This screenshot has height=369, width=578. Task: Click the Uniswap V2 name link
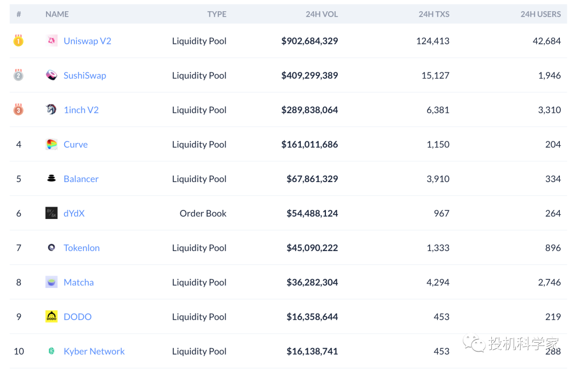(87, 41)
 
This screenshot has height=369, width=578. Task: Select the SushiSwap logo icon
(51, 75)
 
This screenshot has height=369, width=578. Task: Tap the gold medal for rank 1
(18, 41)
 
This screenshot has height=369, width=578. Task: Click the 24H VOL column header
(322, 14)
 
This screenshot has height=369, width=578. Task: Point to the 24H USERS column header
(541, 14)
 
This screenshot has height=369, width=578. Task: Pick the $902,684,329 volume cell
(309, 41)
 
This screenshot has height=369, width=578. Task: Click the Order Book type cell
(203, 214)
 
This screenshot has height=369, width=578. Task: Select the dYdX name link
(74, 214)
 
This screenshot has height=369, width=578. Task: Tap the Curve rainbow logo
(51, 144)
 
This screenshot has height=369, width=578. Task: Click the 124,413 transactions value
(432, 41)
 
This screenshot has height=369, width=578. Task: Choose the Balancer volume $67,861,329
(312, 179)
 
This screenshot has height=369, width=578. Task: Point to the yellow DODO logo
(51, 317)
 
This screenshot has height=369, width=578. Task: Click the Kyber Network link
(94, 351)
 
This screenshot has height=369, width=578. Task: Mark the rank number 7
(19, 248)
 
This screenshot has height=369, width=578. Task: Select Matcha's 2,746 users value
(549, 282)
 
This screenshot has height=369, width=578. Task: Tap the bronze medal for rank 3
(18, 110)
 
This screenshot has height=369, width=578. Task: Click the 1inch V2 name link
(81, 110)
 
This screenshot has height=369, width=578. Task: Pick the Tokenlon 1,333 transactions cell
(438, 248)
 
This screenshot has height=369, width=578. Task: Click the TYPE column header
(217, 14)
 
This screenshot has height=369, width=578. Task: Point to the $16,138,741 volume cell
(312, 351)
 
